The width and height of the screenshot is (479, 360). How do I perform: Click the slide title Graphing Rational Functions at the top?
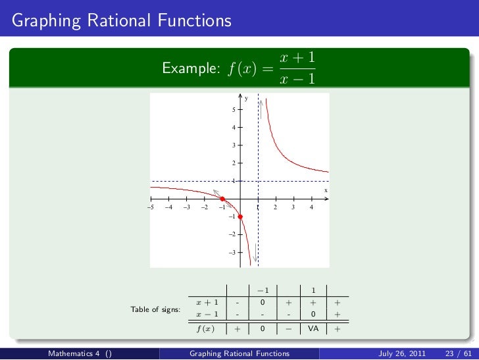[x=122, y=21]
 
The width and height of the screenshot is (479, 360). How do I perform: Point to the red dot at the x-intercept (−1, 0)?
[x=222, y=199]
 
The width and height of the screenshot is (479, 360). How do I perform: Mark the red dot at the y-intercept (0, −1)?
[x=240, y=217]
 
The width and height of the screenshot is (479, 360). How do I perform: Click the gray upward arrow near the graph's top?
[x=262, y=108]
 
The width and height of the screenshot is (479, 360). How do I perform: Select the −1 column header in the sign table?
[x=262, y=290]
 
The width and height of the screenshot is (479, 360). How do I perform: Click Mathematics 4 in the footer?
[x=74, y=353]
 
